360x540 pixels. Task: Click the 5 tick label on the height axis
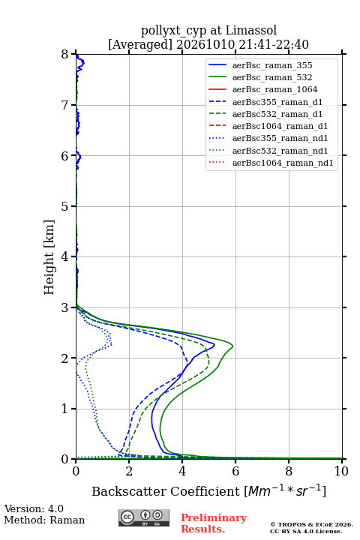(x=65, y=206)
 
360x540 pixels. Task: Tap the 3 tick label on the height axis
(x=65, y=307)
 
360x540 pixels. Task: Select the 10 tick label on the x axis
(x=341, y=471)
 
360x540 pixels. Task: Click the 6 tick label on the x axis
(x=235, y=471)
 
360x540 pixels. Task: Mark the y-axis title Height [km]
(x=49, y=257)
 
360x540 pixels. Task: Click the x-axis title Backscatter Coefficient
(x=166, y=491)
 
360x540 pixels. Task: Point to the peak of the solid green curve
(x=233, y=346)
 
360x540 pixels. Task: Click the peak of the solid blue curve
(x=214, y=344)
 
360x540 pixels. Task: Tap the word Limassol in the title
(x=250, y=31)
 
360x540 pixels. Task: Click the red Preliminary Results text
(x=214, y=523)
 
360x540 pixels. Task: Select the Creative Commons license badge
(x=144, y=518)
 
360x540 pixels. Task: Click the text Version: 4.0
(x=34, y=508)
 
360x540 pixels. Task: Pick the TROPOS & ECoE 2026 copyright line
(x=311, y=524)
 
